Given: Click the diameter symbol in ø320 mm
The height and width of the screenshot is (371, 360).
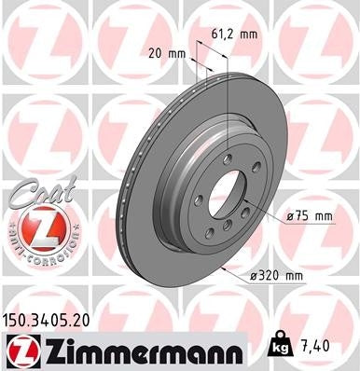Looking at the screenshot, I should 254,277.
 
